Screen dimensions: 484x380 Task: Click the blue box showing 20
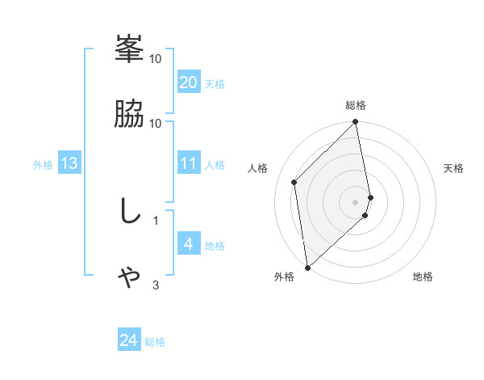pyautogui.click(x=188, y=82)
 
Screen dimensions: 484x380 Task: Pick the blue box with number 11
pyautogui.click(x=188, y=163)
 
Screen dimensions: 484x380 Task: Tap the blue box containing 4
pyautogui.click(x=188, y=244)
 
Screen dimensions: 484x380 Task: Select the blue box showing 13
pyautogui.click(x=69, y=163)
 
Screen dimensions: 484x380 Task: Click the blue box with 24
pyautogui.click(x=128, y=341)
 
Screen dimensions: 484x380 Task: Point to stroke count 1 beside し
pyautogui.click(x=156, y=219)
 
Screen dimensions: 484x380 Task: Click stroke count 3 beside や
pyautogui.click(x=156, y=285)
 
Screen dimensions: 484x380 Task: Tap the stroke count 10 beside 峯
pyautogui.click(x=156, y=58)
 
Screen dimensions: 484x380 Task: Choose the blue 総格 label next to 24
pyautogui.click(x=155, y=342)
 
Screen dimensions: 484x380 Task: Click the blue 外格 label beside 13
pyautogui.click(x=43, y=164)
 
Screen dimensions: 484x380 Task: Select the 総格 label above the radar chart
pyautogui.click(x=356, y=105)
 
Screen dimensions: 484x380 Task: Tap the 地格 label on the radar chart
pyautogui.click(x=423, y=277)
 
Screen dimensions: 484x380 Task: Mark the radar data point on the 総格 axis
pyautogui.click(x=356, y=123)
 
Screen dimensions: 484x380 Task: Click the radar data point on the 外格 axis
pyautogui.click(x=307, y=267)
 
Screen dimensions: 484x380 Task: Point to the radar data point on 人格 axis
pyautogui.click(x=294, y=182)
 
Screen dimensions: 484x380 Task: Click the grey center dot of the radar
pyautogui.click(x=356, y=201)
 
